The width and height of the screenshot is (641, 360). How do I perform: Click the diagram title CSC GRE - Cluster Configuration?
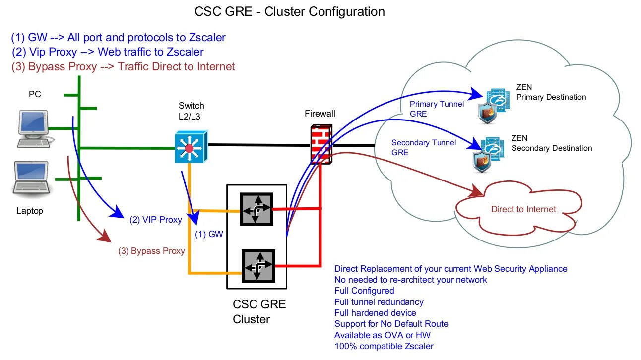point(289,12)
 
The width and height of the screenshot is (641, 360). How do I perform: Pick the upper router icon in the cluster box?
point(256,209)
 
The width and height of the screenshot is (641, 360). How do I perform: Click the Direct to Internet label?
point(523,209)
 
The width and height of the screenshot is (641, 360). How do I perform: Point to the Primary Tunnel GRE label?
point(437,109)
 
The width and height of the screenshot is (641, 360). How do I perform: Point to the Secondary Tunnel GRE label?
point(423,147)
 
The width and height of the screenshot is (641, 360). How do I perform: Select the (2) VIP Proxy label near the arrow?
point(155,219)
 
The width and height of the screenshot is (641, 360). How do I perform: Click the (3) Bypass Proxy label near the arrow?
point(151,251)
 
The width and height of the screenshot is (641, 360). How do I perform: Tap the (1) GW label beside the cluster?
point(209,234)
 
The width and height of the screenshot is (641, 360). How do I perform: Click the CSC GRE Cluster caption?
point(259,312)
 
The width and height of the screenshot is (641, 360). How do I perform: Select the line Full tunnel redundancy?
point(379,302)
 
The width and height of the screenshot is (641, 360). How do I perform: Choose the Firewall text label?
point(320,114)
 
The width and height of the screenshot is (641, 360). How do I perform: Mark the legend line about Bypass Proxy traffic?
point(123,66)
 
